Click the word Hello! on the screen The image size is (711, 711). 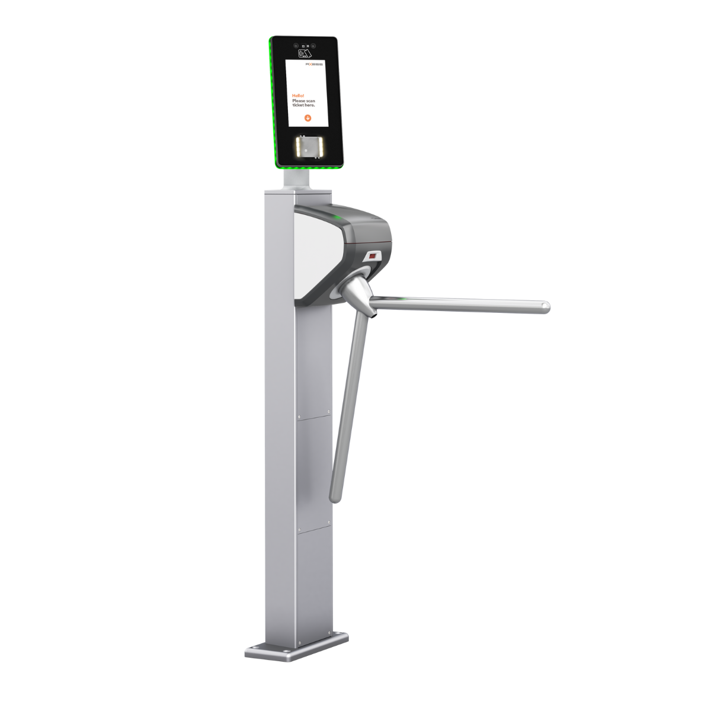(298, 95)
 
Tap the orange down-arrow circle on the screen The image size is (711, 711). (308, 118)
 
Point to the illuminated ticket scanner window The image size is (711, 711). (307, 148)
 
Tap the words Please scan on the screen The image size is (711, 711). (303, 101)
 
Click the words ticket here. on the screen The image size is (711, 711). (303, 105)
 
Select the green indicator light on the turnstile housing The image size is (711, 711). (338, 219)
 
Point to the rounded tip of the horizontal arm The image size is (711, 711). (546, 306)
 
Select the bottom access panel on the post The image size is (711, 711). (314, 581)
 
